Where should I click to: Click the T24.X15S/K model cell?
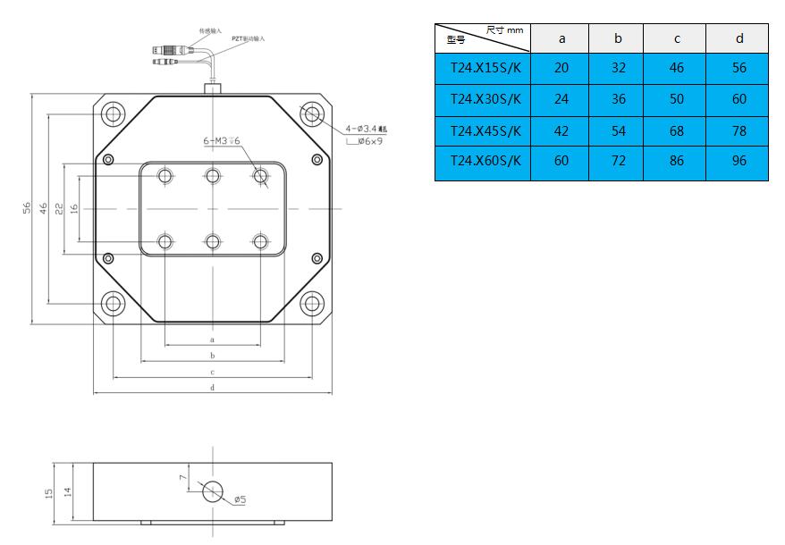click(483, 68)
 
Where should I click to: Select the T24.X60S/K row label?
click(483, 162)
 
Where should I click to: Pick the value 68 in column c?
click(676, 130)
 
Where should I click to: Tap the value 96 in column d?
click(739, 162)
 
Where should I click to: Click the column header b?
click(618, 38)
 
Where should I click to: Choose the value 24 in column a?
click(561, 99)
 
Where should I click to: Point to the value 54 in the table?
click(618, 130)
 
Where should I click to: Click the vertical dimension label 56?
click(27, 207)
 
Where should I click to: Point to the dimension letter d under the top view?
click(212, 387)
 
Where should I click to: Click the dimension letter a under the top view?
click(212, 340)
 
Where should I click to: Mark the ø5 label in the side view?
click(240, 499)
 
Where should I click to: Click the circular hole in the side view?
click(213, 491)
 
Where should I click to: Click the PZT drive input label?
click(248, 39)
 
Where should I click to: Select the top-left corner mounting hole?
click(113, 113)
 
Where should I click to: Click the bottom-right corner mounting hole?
click(312, 303)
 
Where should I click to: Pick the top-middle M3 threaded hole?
click(212, 175)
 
